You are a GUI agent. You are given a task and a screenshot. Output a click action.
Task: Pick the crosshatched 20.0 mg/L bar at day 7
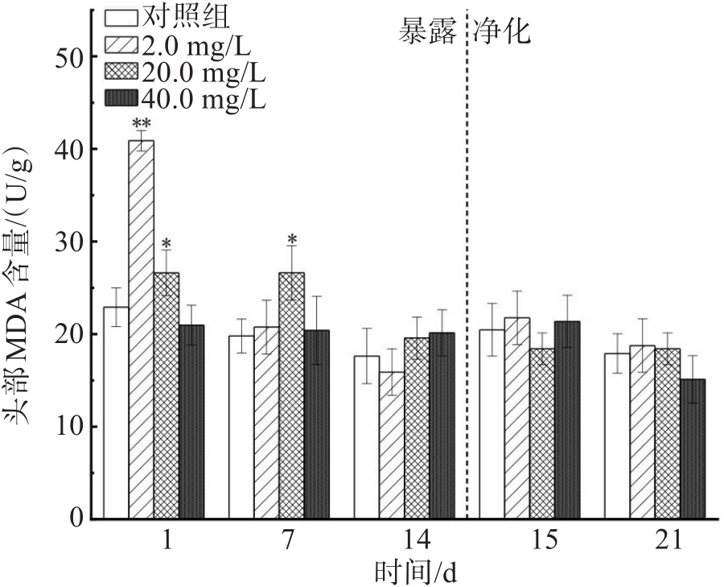292,395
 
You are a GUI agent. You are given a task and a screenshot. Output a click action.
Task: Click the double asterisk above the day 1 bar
142,124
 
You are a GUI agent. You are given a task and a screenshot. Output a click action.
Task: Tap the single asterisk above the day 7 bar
292,240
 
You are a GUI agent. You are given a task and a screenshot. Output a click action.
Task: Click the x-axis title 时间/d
417,573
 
